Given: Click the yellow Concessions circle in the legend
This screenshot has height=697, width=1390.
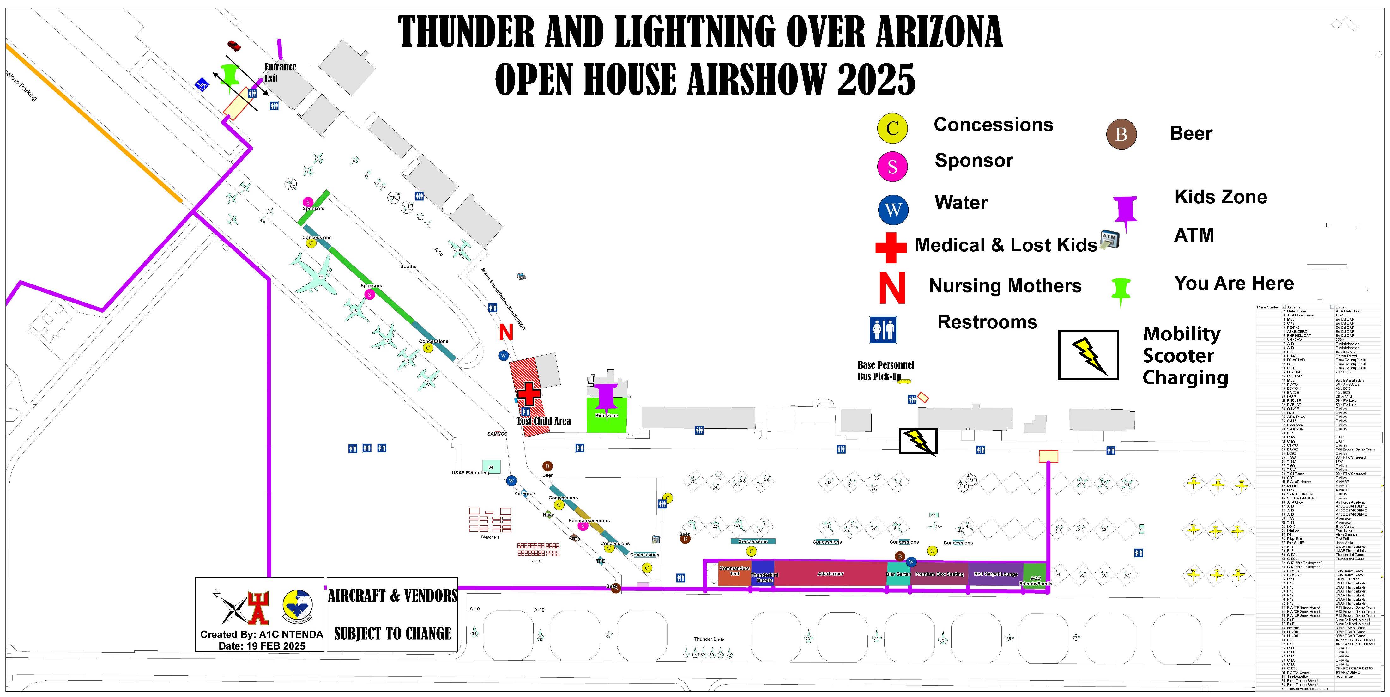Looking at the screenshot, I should (892, 128).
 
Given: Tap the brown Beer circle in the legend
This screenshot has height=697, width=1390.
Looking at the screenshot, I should (1121, 134).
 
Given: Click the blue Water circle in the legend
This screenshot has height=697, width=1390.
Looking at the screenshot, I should (893, 210).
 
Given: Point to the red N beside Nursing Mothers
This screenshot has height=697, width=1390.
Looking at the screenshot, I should (892, 288).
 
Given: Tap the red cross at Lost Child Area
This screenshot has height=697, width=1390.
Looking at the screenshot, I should (529, 394).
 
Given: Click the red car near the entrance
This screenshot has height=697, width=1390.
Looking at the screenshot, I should (234, 45).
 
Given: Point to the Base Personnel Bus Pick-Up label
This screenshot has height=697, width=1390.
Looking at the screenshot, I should (885, 371).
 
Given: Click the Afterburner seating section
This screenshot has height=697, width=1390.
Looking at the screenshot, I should (830, 574).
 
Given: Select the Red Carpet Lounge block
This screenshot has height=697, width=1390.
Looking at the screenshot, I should (995, 574).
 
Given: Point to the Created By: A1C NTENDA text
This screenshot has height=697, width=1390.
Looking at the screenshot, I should (261, 634).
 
